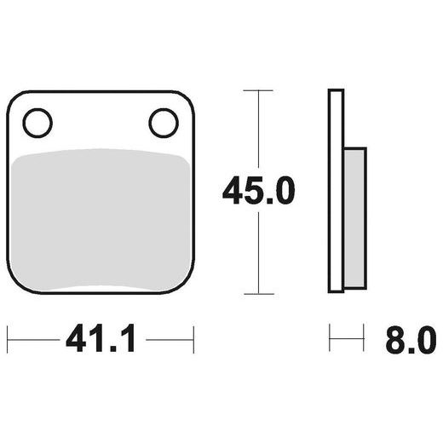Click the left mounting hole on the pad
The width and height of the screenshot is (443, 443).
point(37,124)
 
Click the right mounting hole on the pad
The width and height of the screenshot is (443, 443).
point(163,124)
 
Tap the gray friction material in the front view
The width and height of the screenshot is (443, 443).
point(101,221)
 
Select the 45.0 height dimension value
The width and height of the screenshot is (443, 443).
point(258,191)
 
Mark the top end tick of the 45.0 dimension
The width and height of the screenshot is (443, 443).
point(258,89)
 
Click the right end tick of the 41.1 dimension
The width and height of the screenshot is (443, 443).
point(195,339)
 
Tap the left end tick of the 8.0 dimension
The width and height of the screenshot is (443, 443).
point(330,339)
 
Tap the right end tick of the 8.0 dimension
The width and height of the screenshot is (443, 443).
point(365,339)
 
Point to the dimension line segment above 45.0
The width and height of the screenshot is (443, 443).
point(258,128)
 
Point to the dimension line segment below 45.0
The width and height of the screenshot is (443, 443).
point(258,251)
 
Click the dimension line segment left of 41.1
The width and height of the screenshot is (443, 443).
point(34,339)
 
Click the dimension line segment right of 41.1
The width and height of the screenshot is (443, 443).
point(169,339)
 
